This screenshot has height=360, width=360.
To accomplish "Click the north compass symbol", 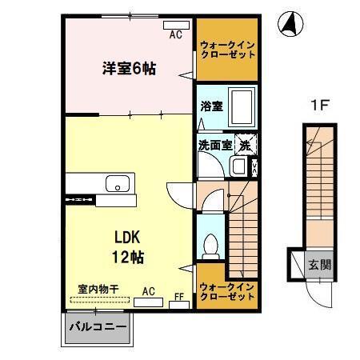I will pos(289,25).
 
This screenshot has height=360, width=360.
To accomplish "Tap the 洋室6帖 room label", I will pos(128,68).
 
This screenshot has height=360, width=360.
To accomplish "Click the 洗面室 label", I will pos(214,146).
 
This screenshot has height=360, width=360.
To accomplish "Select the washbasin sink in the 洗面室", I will pos(238,166).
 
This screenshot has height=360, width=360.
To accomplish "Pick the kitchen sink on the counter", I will pos(118,184).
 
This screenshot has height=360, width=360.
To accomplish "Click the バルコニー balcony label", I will pos(96,328).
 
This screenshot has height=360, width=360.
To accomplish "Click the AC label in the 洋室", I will pos(175,34).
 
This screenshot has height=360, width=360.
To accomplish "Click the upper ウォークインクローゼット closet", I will pos(228,50).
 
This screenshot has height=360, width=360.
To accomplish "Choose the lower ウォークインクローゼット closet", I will pos(228,292).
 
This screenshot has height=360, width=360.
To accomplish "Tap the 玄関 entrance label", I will pos(318,264).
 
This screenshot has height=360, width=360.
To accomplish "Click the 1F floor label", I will pos(318,104).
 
